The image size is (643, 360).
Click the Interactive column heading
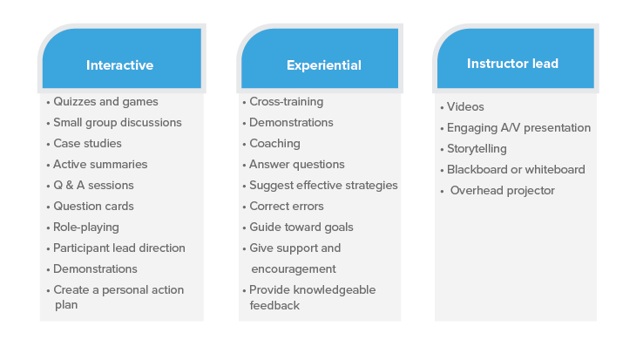coord(119,65)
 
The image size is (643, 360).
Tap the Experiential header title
coord(324,65)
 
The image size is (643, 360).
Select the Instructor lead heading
coord(512,64)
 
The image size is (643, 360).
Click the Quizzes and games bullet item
coord(105,102)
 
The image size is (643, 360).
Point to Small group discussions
coord(118,123)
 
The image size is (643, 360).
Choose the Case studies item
coord(87,143)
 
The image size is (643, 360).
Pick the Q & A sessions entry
coord(93,185)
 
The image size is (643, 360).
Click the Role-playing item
coord(86,227)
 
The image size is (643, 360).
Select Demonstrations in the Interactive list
coord(95,268)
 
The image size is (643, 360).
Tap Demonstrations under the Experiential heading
coord(291,122)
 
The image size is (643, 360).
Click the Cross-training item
coord(287,102)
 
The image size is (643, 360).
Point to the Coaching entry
coord(274,144)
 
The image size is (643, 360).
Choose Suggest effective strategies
coord(323,186)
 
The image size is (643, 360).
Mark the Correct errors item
coord(287,206)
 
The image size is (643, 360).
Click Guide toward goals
coord(301,227)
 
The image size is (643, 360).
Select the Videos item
coord(465,106)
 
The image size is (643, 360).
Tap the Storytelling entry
coord(477,148)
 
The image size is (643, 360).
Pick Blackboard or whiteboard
coord(516,169)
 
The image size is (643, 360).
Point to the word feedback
coord(274,305)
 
